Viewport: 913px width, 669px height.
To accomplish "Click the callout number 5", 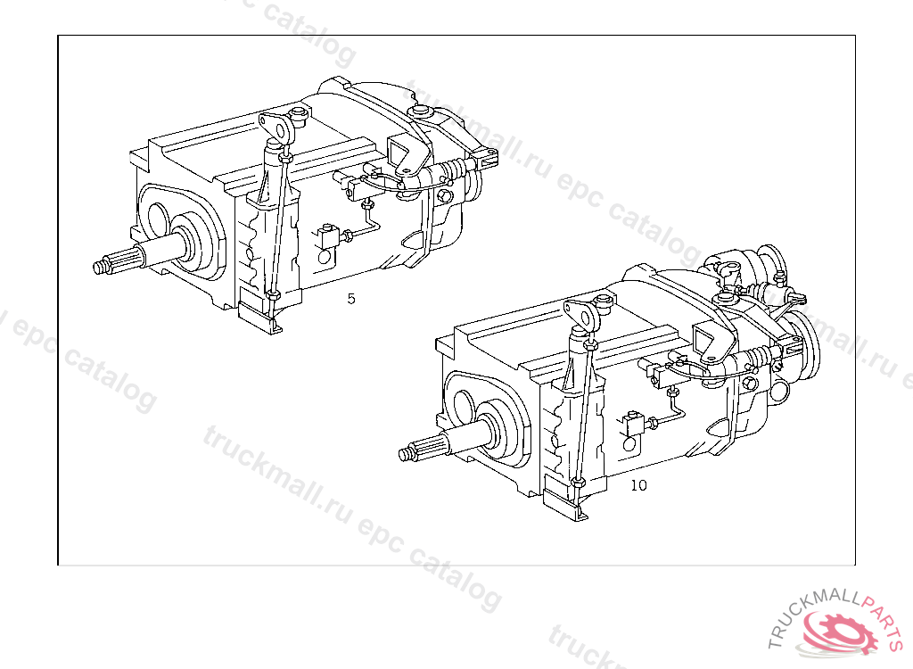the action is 351,299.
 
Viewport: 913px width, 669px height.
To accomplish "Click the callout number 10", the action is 638,485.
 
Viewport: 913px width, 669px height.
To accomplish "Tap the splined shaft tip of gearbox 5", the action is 100,267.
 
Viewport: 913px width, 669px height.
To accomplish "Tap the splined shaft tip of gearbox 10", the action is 407,453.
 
